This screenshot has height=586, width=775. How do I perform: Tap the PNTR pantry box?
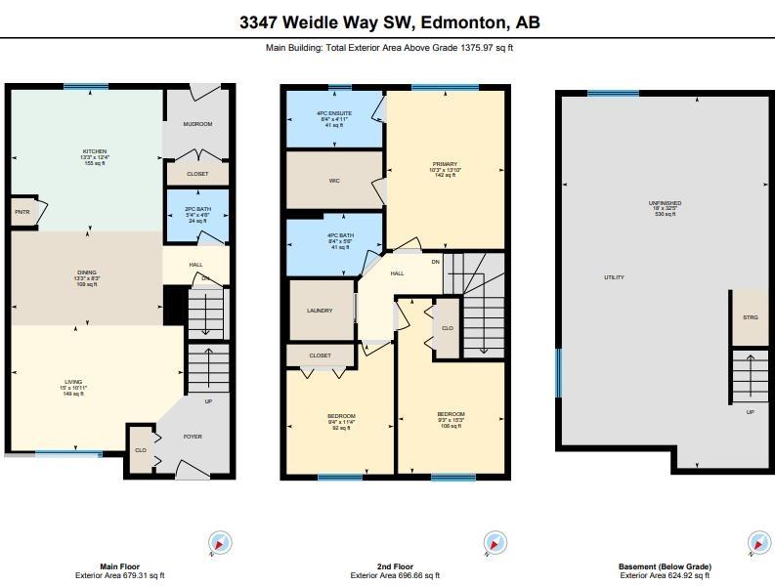[22, 210]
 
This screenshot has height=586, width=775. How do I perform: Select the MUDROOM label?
[197, 124]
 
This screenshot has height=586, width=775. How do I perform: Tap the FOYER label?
[193, 437]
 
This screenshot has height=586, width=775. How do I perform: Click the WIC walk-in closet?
[333, 181]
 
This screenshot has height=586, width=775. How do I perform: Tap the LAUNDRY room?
[320, 311]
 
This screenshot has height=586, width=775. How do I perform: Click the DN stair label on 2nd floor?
[435, 262]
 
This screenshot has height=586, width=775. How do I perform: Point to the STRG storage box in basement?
[750, 317]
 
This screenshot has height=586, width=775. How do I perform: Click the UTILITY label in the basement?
[614, 277]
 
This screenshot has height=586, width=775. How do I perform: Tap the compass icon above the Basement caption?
[758, 543]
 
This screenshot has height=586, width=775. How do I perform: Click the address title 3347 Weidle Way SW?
[389, 22]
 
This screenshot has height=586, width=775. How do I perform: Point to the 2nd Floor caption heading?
[395, 566]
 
